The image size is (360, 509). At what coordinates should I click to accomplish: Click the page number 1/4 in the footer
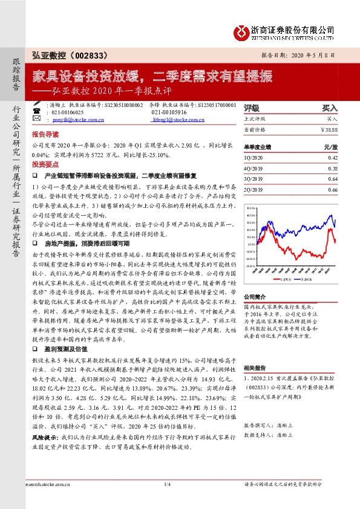168,502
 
